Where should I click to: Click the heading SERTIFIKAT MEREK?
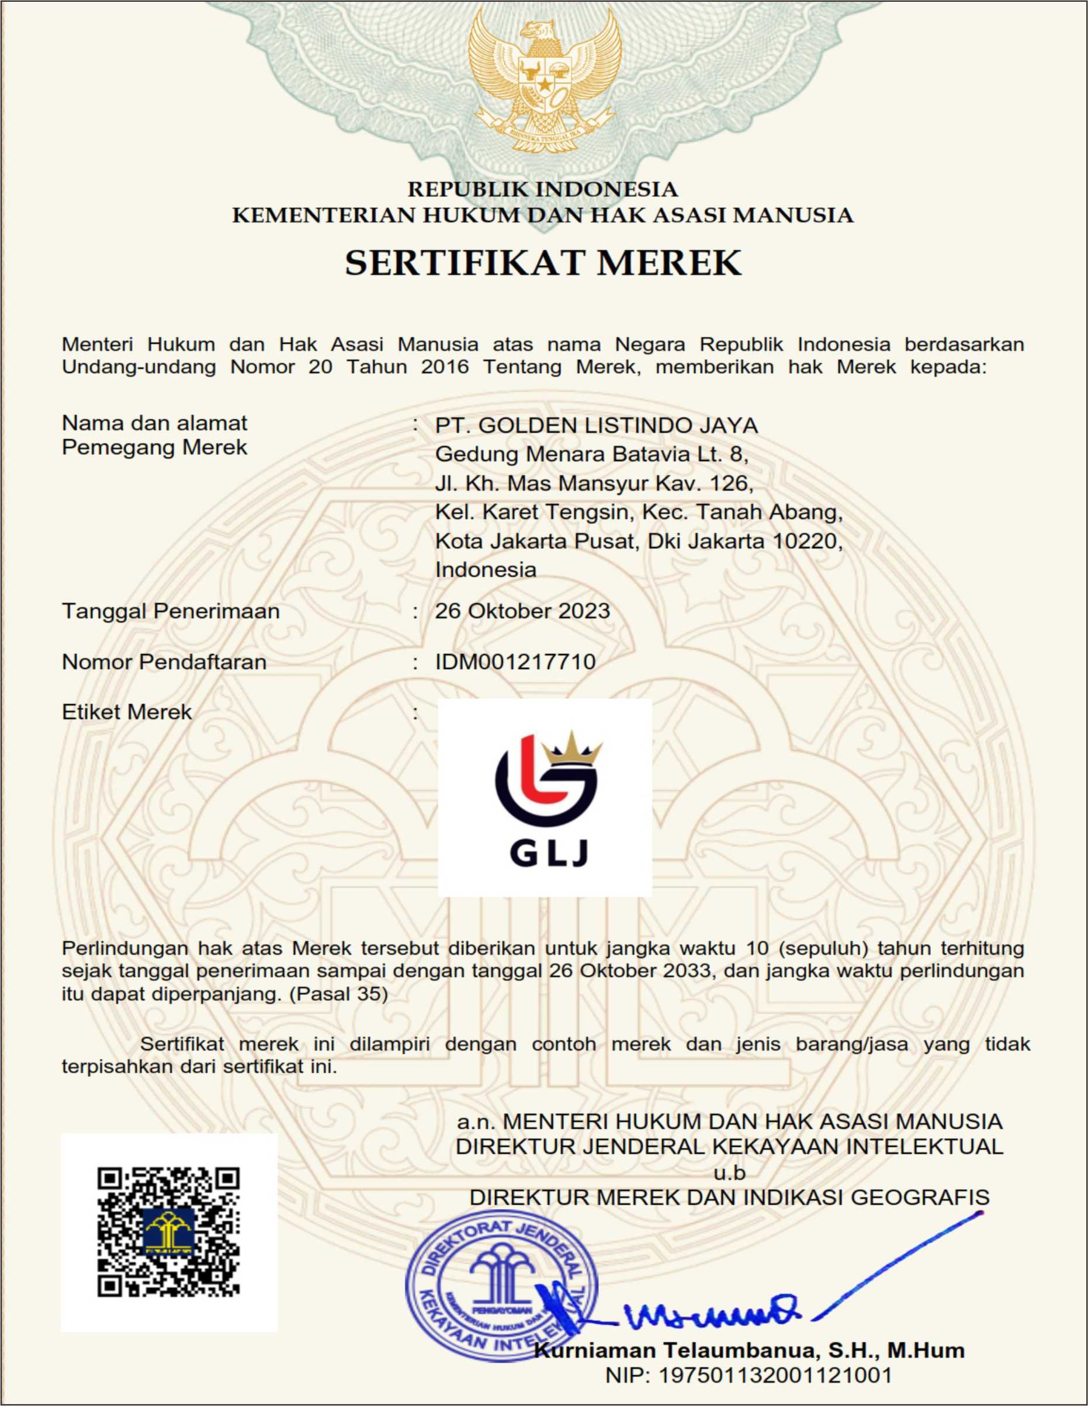(543, 263)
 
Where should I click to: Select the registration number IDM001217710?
(515, 662)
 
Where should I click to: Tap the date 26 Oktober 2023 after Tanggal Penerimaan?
(522, 611)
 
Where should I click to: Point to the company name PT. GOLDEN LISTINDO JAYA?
(597, 426)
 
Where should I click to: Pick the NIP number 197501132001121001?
(749, 1375)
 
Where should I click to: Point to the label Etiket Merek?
(127, 712)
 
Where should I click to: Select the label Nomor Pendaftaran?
(164, 662)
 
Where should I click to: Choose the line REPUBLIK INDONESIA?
(543, 189)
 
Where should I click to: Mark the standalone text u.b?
(729, 1172)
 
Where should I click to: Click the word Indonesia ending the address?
(486, 570)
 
